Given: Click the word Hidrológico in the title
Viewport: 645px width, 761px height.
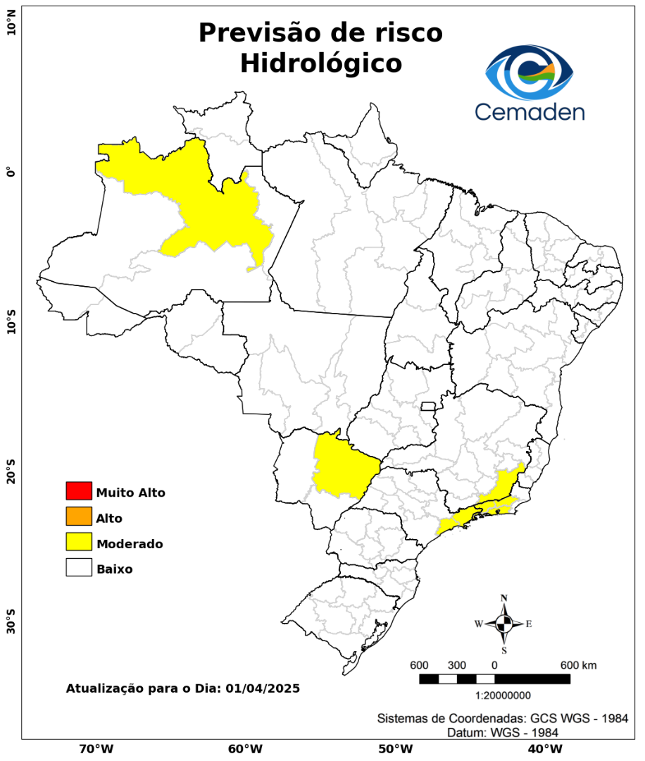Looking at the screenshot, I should point(320,63).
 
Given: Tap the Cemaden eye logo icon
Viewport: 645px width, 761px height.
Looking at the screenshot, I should point(530,73).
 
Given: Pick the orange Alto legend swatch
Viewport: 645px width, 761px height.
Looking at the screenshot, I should point(79,516).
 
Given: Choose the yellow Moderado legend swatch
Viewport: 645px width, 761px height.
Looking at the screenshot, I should point(79,542).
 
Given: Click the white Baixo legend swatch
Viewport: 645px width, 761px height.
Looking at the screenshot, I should point(79,567).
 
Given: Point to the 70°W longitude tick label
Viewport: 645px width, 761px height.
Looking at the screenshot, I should point(96,748).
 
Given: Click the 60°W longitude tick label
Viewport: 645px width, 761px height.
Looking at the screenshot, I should point(245,748).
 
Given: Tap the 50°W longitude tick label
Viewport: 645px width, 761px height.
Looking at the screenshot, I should point(394,748).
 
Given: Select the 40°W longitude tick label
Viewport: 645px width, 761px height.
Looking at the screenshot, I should point(544,748).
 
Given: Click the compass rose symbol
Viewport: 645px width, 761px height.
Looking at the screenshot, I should point(504,624).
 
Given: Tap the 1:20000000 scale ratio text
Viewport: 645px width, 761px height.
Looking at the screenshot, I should point(503,695).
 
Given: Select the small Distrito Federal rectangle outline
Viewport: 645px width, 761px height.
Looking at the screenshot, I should point(428,406).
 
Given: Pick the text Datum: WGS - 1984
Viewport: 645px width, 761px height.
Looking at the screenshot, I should point(503,733).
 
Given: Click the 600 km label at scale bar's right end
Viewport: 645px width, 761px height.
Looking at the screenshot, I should point(578,665).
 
